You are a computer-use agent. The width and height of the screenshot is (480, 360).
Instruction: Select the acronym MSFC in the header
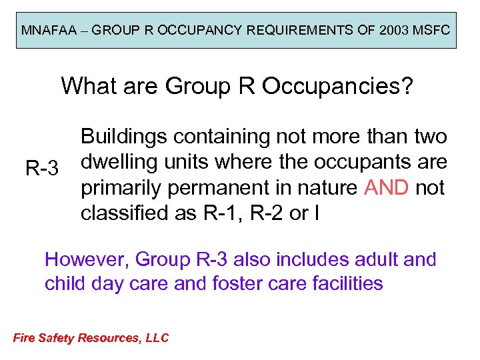point(430,31)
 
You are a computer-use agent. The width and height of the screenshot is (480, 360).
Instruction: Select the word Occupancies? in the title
point(346,86)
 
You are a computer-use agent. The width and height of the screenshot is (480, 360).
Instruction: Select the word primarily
point(121,188)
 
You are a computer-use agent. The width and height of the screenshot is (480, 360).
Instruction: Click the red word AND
point(386,188)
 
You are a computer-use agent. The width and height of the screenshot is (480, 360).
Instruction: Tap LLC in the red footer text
point(157,338)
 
